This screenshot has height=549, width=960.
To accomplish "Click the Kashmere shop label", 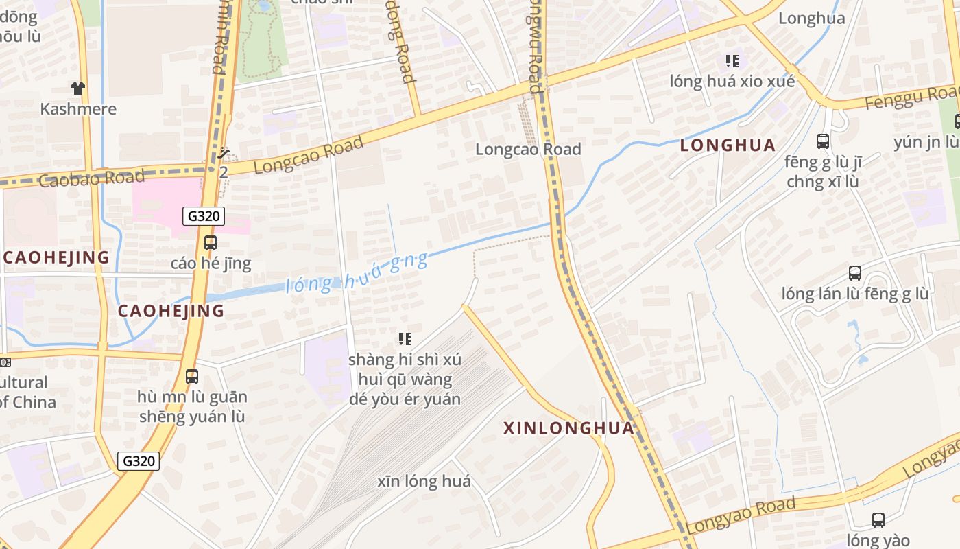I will point(78,109).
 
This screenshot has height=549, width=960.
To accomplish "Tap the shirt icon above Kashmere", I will point(78,88).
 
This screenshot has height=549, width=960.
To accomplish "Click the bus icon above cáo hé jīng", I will point(211,243).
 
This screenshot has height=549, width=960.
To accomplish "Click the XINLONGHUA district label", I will point(569,428).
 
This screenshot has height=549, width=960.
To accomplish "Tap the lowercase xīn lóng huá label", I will point(424,481).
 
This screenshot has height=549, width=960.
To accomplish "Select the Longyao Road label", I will point(741,515).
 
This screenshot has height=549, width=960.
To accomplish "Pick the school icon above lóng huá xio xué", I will point(732,61).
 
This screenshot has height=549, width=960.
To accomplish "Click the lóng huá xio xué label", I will point(732,82).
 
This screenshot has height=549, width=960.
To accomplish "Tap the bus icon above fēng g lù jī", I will point(823,142).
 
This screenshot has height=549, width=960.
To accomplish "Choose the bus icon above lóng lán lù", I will point(855,273).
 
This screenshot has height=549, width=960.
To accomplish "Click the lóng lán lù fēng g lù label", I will point(855,294).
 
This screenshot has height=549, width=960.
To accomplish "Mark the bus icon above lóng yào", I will point(878,520).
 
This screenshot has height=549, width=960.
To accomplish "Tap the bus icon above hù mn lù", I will point(192,377).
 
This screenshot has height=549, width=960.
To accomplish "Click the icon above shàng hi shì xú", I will point(405,338).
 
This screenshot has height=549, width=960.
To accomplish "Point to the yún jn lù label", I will point(926,142).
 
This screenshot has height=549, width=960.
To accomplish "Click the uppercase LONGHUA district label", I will point(728,145).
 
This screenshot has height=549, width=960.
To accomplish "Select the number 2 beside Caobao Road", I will point(224,172).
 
